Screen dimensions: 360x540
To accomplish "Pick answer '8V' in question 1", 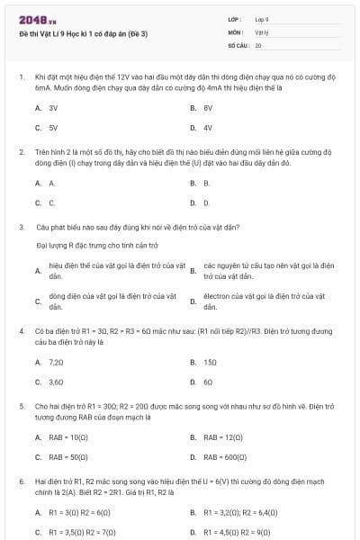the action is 208,107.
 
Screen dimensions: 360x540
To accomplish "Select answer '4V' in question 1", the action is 208,128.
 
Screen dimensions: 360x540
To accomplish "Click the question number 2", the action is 21,152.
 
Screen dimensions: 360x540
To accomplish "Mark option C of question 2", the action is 52,203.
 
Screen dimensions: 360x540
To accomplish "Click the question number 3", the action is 21,228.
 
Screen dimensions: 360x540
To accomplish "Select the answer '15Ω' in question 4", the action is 211,362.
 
